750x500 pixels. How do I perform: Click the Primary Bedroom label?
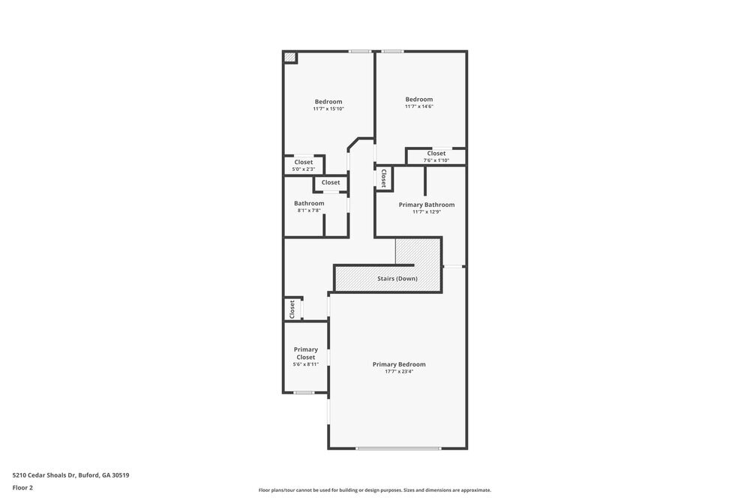coord(398,364)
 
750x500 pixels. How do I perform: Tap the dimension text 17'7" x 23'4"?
coord(398,371)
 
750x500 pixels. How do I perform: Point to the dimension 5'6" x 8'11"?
coord(305,364)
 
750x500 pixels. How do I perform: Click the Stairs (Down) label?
coord(397,279)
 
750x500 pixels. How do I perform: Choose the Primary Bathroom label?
coord(426,205)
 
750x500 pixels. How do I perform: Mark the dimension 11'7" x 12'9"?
coord(426,211)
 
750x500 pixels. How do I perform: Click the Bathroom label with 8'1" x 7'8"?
coord(309,203)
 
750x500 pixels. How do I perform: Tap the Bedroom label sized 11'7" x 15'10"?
coord(328,102)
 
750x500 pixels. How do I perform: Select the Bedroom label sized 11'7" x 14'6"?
coord(418,100)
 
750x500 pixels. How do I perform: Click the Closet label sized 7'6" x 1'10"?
coord(436,154)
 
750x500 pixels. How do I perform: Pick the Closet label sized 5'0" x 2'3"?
coord(304,162)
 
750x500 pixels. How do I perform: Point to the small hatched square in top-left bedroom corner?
coord(289,57)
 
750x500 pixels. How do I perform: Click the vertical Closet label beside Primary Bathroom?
coord(383,178)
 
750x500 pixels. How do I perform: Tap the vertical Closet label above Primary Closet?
coord(292,309)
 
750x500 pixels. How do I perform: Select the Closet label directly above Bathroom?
coord(331,182)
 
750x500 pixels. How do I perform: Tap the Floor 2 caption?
coord(22,487)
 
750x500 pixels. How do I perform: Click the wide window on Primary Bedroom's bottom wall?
coord(397,448)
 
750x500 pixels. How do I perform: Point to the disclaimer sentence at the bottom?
coord(374,490)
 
